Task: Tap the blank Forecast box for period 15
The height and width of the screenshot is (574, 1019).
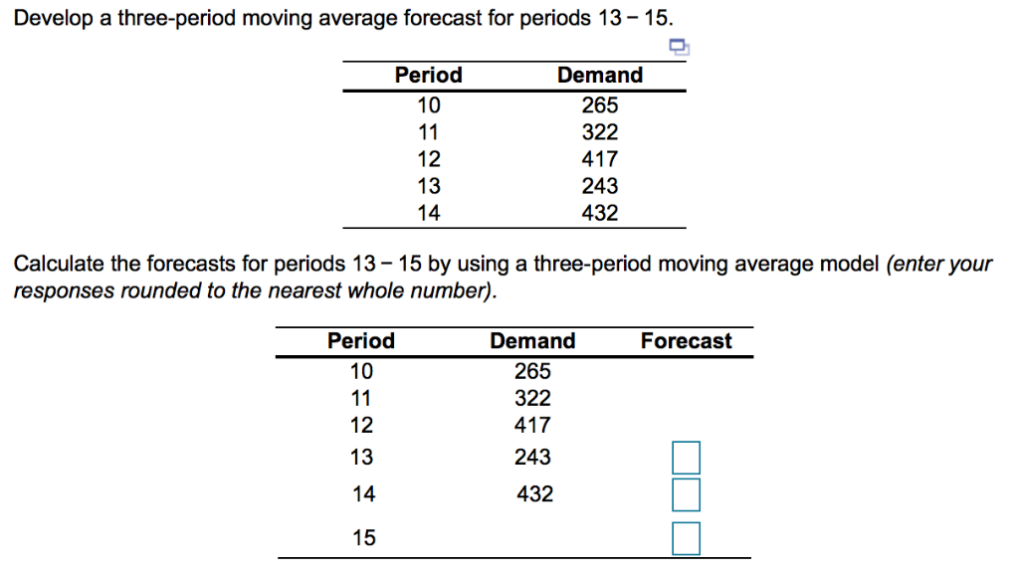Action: click(686, 538)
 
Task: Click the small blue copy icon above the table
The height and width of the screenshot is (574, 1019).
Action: click(679, 47)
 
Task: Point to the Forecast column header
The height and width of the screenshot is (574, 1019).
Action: click(686, 341)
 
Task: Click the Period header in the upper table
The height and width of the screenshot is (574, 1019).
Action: click(429, 76)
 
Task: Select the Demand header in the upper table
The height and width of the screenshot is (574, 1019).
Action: click(600, 76)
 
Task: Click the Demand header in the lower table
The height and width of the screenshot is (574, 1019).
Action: click(532, 341)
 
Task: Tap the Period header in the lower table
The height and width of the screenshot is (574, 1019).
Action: click(361, 341)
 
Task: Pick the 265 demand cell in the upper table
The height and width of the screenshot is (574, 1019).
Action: click(600, 104)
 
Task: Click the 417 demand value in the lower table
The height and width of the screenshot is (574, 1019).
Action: click(532, 426)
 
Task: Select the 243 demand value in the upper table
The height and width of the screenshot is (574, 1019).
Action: click(600, 186)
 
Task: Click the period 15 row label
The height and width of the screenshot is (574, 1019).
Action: click(364, 538)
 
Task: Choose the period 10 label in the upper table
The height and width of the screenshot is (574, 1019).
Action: click(429, 104)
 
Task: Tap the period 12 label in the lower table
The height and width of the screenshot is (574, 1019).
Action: click(362, 426)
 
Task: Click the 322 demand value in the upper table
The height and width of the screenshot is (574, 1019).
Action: click(600, 132)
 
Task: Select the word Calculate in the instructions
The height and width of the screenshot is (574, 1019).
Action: click(54, 265)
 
